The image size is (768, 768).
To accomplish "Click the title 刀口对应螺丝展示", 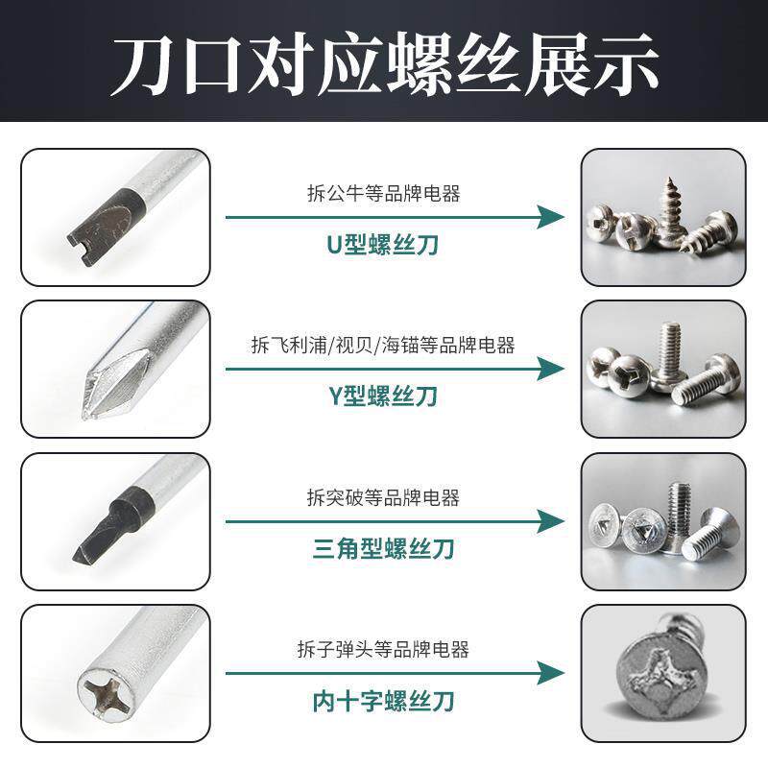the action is pyautogui.click(x=384, y=63).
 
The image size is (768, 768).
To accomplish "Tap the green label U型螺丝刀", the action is pyautogui.click(x=382, y=245).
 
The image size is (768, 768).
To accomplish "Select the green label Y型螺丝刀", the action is pyautogui.click(x=382, y=396).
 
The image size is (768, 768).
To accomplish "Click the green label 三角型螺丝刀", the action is pyautogui.click(x=383, y=548).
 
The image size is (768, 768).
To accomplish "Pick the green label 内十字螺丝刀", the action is pyautogui.click(x=383, y=701).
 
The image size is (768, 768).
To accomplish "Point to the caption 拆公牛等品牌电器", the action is pyautogui.click(x=384, y=194).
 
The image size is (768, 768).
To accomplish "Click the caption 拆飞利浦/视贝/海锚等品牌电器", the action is pyautogui.click(x=383, y=346).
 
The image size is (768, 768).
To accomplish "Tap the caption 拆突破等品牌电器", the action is pyautogui.click(x=383, y=497).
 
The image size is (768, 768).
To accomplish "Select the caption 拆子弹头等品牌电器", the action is pyautogui.click(x=383, y=650).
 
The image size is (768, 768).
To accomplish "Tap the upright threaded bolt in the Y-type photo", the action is pyautogui.click(x=669, y=356).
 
